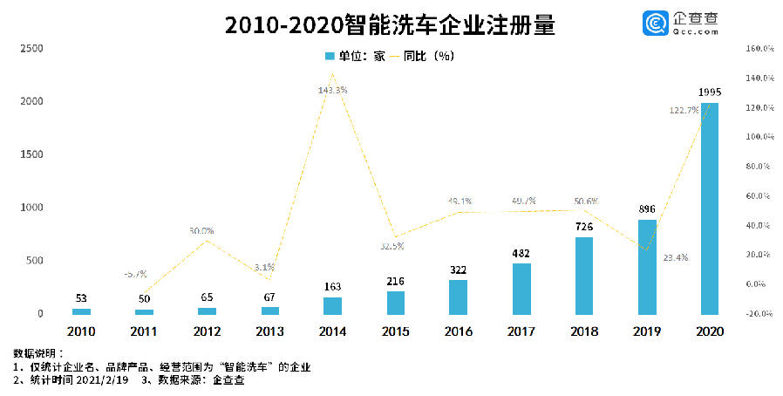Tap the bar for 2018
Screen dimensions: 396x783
[583, 275]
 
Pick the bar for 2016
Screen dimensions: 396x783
[458, 297]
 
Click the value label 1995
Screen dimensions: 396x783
[710, 92]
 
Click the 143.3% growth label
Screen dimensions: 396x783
[333, 90]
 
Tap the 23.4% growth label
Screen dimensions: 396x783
[675, 258]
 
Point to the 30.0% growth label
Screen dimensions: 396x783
[201, 231]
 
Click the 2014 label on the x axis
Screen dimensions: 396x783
[333, 331]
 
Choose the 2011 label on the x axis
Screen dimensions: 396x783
[144, 331]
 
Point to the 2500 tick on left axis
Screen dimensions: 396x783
[31, 49]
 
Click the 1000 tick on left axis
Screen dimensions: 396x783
[31, 208]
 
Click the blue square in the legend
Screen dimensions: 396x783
[330, 56]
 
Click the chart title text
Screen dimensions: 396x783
[390, 24]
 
